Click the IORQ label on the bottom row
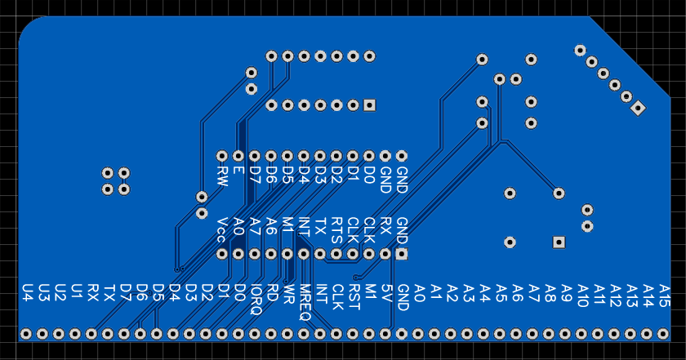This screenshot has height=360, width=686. (x=256, y=298)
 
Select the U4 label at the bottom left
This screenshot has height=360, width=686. (x=27, y=291)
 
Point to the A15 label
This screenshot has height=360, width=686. (x=664, y=296)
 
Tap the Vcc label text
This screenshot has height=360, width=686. (x=221, y=229)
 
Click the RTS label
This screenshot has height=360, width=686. (x=336, y=230)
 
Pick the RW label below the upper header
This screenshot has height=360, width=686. (x=221, y=176)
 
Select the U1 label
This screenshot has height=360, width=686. (x=76, y=291)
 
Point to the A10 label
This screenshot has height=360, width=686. (x=582, y=296)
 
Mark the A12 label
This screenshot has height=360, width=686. (x=615, y=296)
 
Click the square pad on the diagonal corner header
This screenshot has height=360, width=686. (x=639, y=107)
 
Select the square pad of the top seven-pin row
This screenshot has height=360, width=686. (x=369, y=105)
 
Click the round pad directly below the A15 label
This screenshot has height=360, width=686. (x=663, y=334)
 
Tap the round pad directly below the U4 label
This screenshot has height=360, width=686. (x=26, y=334)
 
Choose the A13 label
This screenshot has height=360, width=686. (x=631, y=296)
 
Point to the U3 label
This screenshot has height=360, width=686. (x=43, y=291)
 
